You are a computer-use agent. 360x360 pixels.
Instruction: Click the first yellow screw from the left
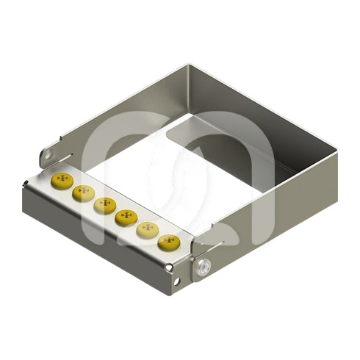click(62, 181)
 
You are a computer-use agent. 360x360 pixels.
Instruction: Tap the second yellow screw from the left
click(82, 193)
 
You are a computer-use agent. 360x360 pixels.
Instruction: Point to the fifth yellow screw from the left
click(148, 229)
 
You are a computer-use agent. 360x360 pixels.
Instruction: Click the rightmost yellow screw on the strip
click(168, 241)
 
